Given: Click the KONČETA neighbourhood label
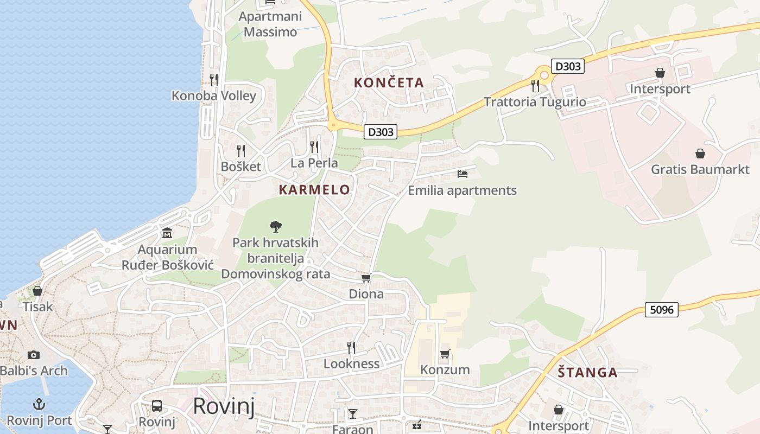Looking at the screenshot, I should pyautogui.click(x=389, y=83).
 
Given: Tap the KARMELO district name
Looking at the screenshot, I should pyautogui.click(x=314, y=190).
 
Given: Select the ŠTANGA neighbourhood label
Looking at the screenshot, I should pyautogui.click(x=588, y=373).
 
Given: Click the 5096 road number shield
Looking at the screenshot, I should pyautogui.click(x=662, y=310).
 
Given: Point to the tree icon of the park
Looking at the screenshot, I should pyautogui.click(x=276, y=226).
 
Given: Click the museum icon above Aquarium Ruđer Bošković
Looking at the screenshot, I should pyautogui.click(x=167, y=233).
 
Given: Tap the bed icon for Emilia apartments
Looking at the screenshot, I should pyautogui.click(x=463, y=174).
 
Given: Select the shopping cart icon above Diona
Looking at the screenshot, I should pyautogui.click(x=366, y=278).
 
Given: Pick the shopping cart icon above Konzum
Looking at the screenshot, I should pyautogui.click(x=445, y=354).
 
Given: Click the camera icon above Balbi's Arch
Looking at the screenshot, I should pyautogui.click(x=34, y=355).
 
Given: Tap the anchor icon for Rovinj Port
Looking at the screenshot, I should pyautogui.click(x=39, y=404).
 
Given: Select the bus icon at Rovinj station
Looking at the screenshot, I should pyautogui.click(x=157, y=405).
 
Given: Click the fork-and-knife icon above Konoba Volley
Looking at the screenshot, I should pyautogui.click(x=214, y=80).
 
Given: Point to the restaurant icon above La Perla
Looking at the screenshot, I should pyautogui.click(x=314, y=146).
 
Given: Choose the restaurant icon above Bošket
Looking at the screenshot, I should pyautogui.click(x=241, y=150).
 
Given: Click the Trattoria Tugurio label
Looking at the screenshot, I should pyautogui.click(x=535, y=102).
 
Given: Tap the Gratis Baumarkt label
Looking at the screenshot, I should pyautogui.click(x=700, y=169).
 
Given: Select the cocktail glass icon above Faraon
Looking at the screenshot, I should pyautogui.click(x=353, y=414).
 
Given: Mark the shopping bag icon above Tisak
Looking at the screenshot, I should pyautogui.click(x=37, y=291).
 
